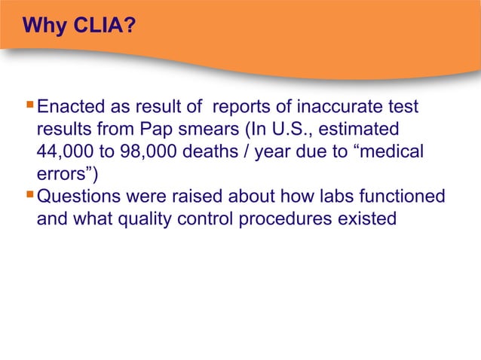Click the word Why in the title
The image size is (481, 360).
[42, 28]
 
